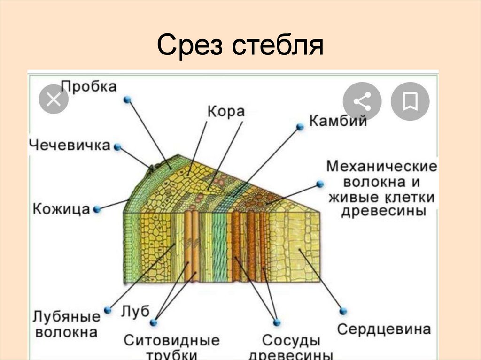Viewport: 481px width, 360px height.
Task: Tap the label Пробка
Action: coord(89,86)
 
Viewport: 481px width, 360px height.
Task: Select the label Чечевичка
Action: coord(70,145)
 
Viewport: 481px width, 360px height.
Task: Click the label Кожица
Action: coord(61,208)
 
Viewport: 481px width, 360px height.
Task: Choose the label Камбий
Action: coord(337,121)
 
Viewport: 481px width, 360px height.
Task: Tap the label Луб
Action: coord(135,311)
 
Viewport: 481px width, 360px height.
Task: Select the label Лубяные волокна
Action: coord(66,324)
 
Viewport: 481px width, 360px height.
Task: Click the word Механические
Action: coord(382,166)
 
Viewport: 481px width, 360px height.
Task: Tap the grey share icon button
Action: coord(362,101)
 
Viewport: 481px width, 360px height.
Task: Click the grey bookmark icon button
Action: coord(410,101)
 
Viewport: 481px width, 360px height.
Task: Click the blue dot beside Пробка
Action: coord(127,100)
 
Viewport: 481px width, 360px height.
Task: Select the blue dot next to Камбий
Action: coord(300,127)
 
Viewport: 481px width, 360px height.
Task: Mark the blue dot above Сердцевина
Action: coord(343,311)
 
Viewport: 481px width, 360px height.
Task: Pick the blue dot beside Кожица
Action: coord(98,208)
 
